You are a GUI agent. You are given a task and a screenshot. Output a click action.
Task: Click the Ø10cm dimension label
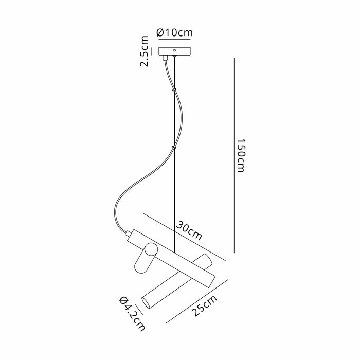pos(174,32)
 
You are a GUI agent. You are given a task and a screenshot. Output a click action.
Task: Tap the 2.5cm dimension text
pos(144,51)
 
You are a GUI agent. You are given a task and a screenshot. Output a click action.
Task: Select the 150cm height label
pos(241,155)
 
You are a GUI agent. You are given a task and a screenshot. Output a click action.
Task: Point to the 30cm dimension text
pos(189,230)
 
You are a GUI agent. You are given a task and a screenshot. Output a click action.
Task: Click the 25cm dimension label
pos(205,306)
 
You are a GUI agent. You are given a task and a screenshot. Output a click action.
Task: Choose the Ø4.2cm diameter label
pos(133,314)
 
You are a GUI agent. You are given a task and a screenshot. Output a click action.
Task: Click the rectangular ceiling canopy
pos(174,51)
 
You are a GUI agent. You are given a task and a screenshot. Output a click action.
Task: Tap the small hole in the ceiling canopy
pos(174,50)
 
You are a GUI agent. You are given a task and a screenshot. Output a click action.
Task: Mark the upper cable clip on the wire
pos(174,89)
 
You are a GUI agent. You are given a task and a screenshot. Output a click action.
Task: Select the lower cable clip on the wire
pos(174,147)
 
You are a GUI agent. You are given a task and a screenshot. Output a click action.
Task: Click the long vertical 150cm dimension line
pos(234,155)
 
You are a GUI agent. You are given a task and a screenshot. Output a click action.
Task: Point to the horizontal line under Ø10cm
pos(174,40)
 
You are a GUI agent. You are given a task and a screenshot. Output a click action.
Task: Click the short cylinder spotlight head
pos(146,258)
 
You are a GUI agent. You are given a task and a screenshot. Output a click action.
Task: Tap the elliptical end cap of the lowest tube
pos(146,303)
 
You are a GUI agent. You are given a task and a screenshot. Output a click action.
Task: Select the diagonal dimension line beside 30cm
pos(185,237)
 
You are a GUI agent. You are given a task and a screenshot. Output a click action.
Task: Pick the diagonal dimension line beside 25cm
pos(197,301)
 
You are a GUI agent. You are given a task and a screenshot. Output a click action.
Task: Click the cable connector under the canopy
pos(165,58)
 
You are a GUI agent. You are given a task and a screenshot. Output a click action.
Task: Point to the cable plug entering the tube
pos(128,233)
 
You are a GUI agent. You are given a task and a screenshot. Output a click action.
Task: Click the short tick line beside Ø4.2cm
pos(139,309)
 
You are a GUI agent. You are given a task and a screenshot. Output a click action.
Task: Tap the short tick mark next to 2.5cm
pos(152,51)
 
